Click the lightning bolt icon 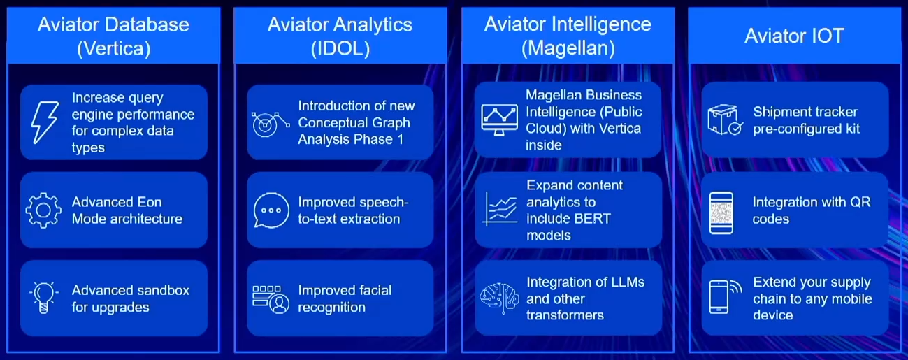click(x=45, y=122)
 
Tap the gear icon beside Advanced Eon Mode click(x=43, y=210)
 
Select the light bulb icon click(x=44, y=298)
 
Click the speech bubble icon click(x=271, y=210)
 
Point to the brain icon click(x=499, y=298)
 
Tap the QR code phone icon click(x=721, y=213)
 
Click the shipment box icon click(x=725, y=120)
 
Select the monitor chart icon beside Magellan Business click(x=499, y=120)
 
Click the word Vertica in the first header click(x=114, y=49)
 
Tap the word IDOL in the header click(x=340, y=49)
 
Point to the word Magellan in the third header click(x=568, y=48)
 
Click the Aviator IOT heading click(x=795, y=36)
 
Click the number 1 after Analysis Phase click(x=400, y=140)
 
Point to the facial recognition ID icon click(x=271, y=300)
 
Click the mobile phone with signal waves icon click(x=725, y=297)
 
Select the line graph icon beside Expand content click(x=500, y=210)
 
